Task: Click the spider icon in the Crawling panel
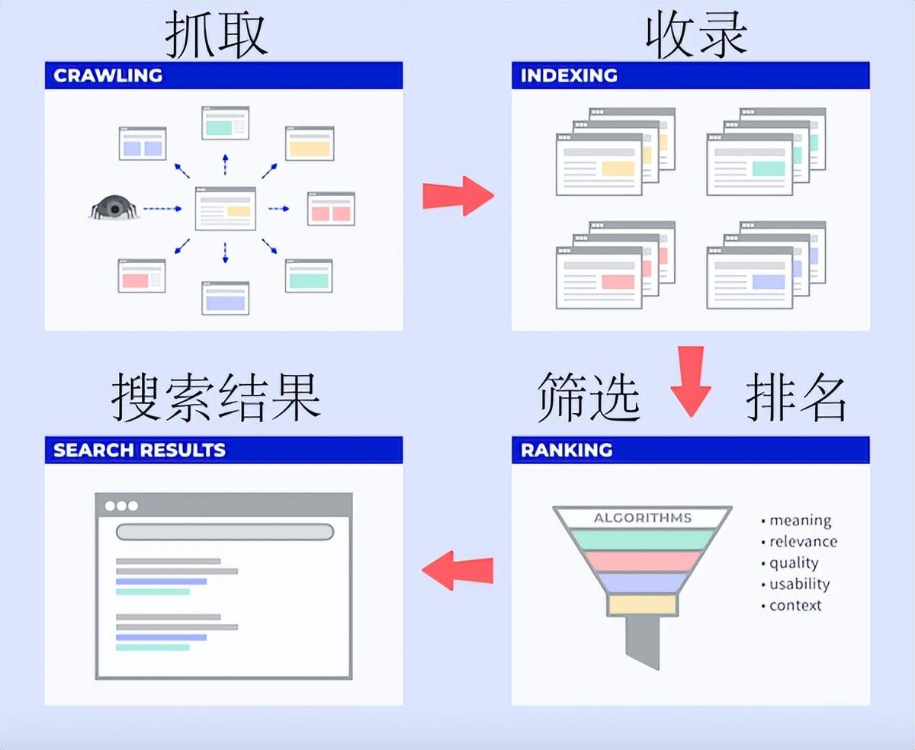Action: (114, 207)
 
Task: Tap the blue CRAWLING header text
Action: (108, 75)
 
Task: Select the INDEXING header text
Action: (569, 75)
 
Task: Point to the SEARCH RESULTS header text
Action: (140, 450)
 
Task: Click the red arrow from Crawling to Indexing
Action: (457, 196)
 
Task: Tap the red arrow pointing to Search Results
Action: (457, 570)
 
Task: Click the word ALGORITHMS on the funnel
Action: (643, 518)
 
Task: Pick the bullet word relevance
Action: (803, 542)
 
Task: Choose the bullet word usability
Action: (799, 585)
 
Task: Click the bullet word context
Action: (795, 606)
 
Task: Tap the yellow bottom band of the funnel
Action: (643, 604)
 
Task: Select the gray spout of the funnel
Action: (643, 641)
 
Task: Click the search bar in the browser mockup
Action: (224, 532)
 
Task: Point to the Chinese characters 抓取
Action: (217, 34)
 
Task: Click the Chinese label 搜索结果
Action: (217, 397)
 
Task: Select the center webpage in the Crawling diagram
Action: (225, 208)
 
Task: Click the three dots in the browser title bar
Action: (122, 506)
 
